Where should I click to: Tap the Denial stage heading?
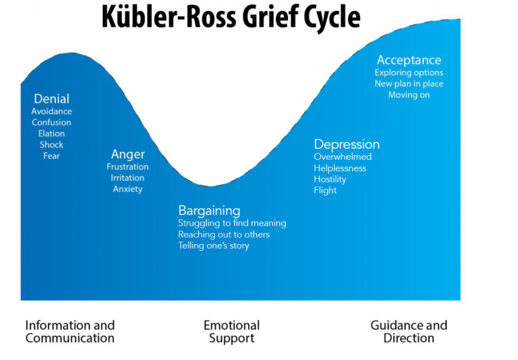[51, 99]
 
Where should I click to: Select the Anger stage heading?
[128, 154]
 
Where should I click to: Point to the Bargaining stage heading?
[209, 211]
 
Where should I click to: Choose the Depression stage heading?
[346, 144]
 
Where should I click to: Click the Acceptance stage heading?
[409, 60]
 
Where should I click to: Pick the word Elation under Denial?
[51, 133]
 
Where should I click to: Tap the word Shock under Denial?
[51, 144]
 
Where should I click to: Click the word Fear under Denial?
[51, 156]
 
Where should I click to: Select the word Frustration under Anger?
[128, 167]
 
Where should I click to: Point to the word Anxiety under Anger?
[128, 189]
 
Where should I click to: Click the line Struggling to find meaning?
[232, 223]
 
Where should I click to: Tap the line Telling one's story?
[214, 246]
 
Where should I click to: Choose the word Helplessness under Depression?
[340, 168]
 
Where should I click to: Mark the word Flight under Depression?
[325, 190]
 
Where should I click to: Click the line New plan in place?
[409, 84]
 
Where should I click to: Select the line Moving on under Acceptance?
[409, 95]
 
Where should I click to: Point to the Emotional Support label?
[232, 332]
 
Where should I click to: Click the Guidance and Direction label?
[409, 332]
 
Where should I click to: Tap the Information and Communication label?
[70, 332]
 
